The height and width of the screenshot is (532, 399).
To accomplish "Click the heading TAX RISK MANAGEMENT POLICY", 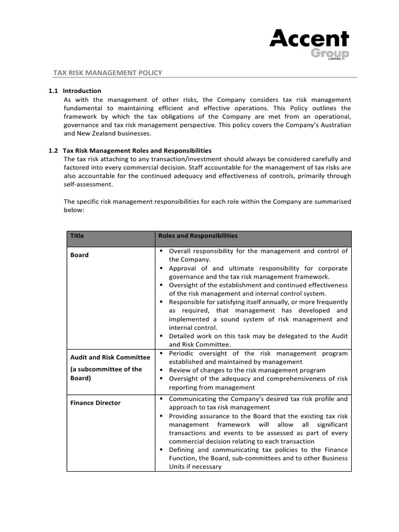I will pyautogui.click(x=108, y=73).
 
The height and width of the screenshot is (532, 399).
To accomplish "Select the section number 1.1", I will pyautogui.click(x=53, y=91).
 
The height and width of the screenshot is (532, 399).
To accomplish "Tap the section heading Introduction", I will pyautogui.click(x=82, y=91).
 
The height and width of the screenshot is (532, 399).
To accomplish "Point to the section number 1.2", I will pyautogui.click(x=53, y=151).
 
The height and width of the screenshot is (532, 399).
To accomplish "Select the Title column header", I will pyautogui.click(x=77, y=236).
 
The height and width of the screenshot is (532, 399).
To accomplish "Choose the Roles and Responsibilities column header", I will pyautogui.click(x=198, y=236).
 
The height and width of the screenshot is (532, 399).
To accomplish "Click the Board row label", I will pyautogui.click(x=79, y=255).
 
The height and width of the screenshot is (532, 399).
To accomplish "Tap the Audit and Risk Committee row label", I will pyautogui.click(x=110, y=357).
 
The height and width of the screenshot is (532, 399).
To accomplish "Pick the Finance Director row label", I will pyautogui.click(x=95, y=403).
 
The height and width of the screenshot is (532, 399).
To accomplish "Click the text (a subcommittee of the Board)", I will pyautogui.click(x=106, y=374).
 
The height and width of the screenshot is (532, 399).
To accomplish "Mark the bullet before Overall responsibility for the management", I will pyautogui.click(x=162, y=251).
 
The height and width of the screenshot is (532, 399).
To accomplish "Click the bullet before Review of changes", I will pyautogui.click(x=162, y=370).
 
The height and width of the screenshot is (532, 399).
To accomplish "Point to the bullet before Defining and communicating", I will pyautogui.click(x=162, y=450).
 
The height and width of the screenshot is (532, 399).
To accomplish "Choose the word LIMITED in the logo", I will pyautogui.click(x=334, y=59).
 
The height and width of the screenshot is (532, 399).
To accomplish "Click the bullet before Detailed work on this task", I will pyautogui.click(x=162, y=336).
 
